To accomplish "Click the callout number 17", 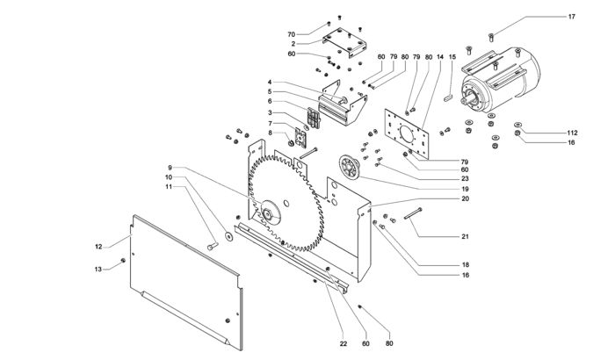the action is tap(571, 17).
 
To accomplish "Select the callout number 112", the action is tap(572, 133).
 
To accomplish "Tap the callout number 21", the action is tap(465, 236).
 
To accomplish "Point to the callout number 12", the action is tap(98, 247).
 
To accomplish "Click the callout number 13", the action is tap(98, 269).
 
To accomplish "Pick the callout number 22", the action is tap(344, 343).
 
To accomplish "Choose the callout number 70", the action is tap(291, 34).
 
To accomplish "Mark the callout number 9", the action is tap(170, 167).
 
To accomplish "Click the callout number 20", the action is tap(465, 198).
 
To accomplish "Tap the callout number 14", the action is tap(440, 57).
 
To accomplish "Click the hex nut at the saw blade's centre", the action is tap(268, 214).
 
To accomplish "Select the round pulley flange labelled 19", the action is tap(349, 169).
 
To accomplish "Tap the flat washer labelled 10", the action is tap(228, 236).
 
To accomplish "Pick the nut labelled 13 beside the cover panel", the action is tap(123, 261).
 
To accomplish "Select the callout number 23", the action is tap(465, 179).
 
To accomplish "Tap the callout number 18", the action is tap(466, 264).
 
